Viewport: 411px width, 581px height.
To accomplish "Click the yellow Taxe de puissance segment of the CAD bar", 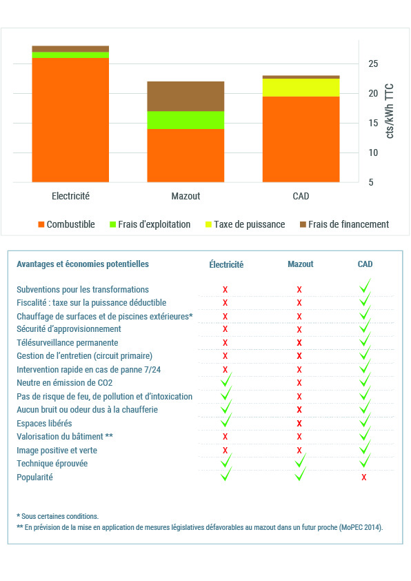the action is (x=301, y=88).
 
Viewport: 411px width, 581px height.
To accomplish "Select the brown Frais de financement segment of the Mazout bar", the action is (x=186, y=97).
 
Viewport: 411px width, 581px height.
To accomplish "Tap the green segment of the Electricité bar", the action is (x=70, y=55).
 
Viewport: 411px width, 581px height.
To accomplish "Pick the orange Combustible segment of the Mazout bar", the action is (x=186, y=156).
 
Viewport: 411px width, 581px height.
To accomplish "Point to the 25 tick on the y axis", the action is (x=373, y=63).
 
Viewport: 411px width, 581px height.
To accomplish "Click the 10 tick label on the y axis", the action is (x=373, y=152).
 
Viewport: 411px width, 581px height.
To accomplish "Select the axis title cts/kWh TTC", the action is (x=390, y=111).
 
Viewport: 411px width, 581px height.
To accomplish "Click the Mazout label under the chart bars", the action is (x=186, y=196).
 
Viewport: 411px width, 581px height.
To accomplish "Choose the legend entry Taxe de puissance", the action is (x=245, y=224).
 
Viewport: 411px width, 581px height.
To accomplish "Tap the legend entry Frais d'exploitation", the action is (x=150, y=224).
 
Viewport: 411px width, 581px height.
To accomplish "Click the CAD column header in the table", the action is (x=365, y=264).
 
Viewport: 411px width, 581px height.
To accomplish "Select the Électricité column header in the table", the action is (x=226, y=264).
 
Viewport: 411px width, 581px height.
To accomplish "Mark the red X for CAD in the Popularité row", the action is (x=364, y=477).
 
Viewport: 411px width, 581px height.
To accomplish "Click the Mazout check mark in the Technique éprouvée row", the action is (x=300, y=460).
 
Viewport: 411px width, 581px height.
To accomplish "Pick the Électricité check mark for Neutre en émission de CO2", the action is (x=226, y=380).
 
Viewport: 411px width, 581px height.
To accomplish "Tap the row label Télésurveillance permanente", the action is (x=68, y=343).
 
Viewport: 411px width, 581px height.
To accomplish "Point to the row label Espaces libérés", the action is (x=44, y=423).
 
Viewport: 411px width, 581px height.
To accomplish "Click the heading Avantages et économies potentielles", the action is (x=83, y=264).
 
